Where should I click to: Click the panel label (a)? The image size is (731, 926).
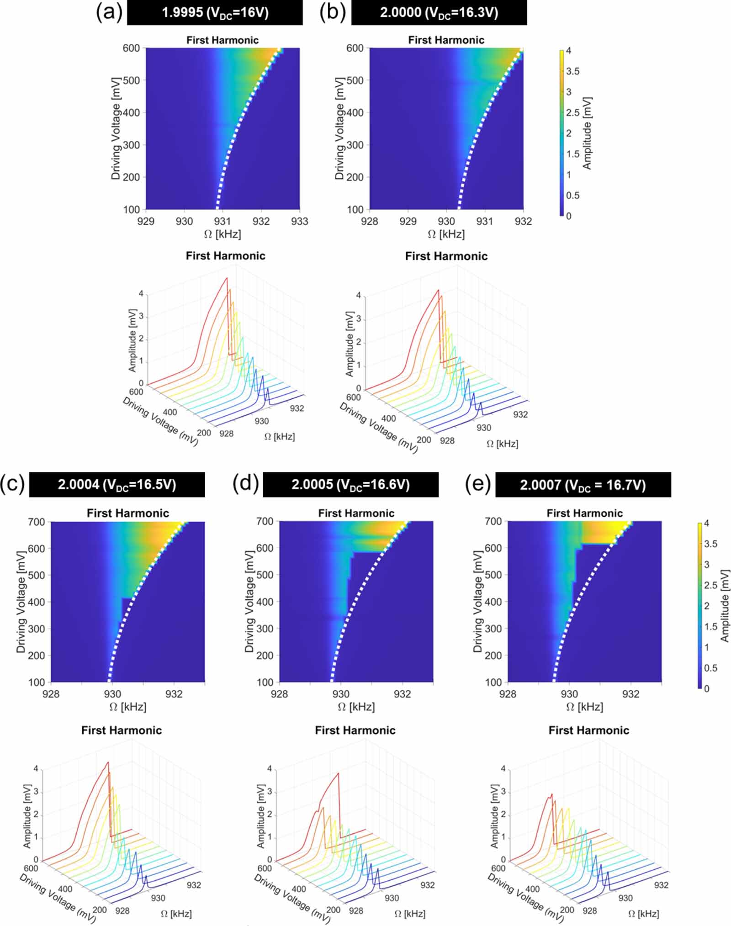[109, 13]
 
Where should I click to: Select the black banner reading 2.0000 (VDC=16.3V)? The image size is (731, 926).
[439, 13]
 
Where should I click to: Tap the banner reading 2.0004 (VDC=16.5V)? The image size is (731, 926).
[117, 485]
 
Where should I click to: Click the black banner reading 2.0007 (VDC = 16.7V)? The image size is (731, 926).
[583, 485]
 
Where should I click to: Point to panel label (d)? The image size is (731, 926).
[245, 483]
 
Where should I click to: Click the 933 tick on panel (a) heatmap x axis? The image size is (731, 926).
[300, 222]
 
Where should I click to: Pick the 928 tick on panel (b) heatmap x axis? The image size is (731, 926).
[370, 222]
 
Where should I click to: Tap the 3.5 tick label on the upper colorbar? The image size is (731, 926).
[572, 71]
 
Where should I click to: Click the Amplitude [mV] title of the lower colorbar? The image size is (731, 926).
[724, 605]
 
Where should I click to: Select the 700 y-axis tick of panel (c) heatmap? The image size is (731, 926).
[36, 522]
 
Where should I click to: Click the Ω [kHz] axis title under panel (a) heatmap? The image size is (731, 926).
[222, 234]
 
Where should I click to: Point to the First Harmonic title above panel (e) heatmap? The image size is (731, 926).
[584, 513]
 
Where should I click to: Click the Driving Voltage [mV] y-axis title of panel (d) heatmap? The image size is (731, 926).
[249, 602]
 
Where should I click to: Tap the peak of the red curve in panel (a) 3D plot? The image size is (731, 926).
[226, 278]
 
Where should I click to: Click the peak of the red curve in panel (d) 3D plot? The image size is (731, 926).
[338, 773]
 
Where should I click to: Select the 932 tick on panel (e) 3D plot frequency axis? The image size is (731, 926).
[661, 885]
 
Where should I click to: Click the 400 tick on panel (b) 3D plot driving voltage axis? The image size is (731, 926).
[388, 418]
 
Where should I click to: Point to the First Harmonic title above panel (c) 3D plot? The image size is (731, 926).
[122, 730]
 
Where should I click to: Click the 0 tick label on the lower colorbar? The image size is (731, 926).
[707, 688]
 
